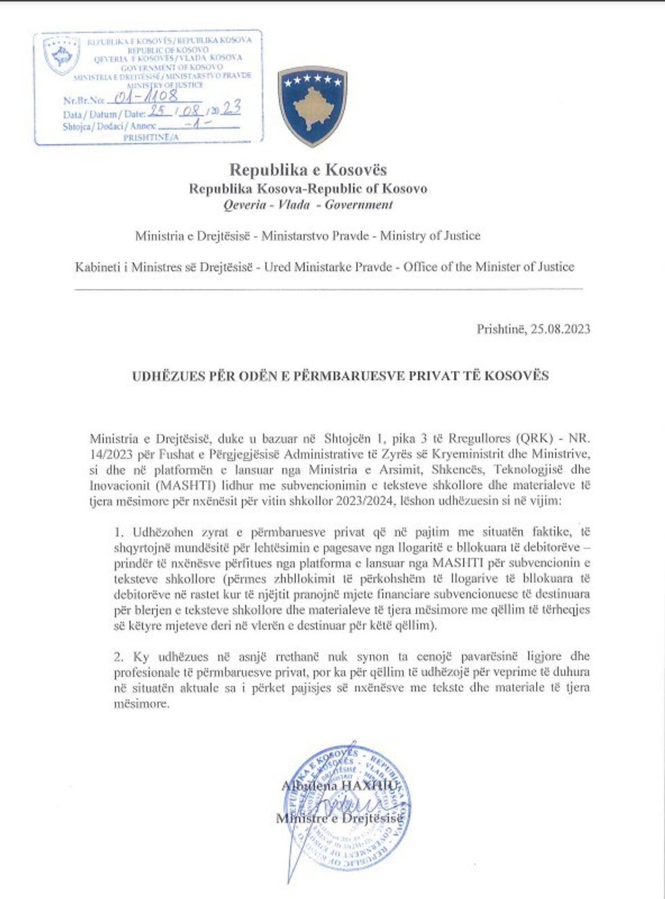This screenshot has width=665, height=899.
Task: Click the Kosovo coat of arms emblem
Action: click(312, 106)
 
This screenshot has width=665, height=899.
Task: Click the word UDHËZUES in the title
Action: click(166, 375)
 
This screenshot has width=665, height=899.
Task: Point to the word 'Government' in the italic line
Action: click(358, 204)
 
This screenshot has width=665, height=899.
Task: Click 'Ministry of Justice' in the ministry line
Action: click(430, 236)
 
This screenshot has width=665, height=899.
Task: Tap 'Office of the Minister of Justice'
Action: click(489, 267)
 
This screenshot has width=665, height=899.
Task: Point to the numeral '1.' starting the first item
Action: click(119, 532)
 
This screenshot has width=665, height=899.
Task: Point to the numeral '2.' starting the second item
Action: click(119, 657)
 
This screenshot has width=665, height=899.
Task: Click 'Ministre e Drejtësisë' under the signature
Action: click(339, 819)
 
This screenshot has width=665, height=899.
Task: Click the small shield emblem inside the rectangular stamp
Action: click(61, 56)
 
